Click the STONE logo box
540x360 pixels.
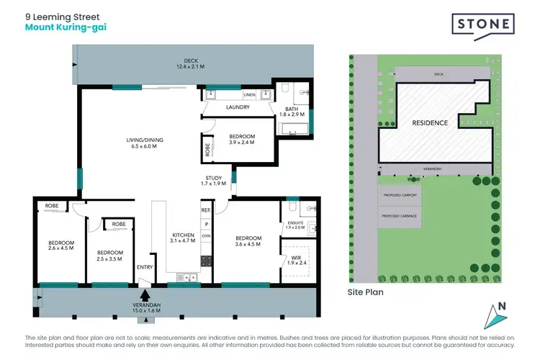tap(483, 24)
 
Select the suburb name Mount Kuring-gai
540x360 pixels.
tap(61, 28)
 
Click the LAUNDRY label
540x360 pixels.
tap(237, 107)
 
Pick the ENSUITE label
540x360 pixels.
tap(296, 224)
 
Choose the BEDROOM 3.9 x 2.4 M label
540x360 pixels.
tap(241, 139)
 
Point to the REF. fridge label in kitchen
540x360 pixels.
tap(205, 210)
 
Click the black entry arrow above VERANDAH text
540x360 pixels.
tap(145, 294)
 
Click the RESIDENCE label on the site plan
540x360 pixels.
tap(430, 123)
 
